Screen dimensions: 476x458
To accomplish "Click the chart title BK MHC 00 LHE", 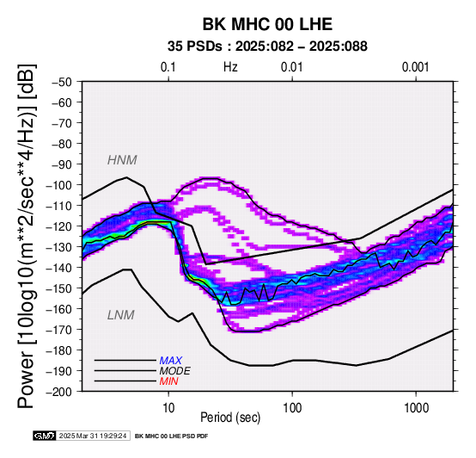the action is point(267,24).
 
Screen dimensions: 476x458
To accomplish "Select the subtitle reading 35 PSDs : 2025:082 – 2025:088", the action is point(267,46).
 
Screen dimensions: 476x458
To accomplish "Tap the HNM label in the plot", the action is point(122,160).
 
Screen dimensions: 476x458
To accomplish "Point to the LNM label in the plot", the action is point(121,315).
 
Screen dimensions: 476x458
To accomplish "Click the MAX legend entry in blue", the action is point(171,361).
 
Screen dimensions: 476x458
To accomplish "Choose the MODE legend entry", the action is point(175,371).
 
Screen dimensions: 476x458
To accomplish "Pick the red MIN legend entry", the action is point(168,381).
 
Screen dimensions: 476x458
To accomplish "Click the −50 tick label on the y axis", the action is point(62,82).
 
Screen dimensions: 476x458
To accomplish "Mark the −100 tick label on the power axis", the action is point(58,185).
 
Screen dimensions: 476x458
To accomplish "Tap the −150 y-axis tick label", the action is point(58,288).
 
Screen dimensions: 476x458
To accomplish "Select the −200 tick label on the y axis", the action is point(58,392).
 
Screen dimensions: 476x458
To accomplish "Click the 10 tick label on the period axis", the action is point(168,408).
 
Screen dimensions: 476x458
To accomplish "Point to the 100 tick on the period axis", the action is point(292,408).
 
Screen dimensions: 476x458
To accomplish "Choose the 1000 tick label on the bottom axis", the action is point(416,408).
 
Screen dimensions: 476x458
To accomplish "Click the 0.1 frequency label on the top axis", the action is point(168,67).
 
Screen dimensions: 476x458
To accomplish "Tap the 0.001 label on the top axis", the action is point(416,67).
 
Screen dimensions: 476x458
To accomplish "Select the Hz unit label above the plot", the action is point(230,67).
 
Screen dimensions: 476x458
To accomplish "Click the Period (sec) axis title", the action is point(230,418).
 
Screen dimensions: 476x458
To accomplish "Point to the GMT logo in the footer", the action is point(45,436).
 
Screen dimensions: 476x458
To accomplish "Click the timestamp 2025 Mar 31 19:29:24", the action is point(93,436).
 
